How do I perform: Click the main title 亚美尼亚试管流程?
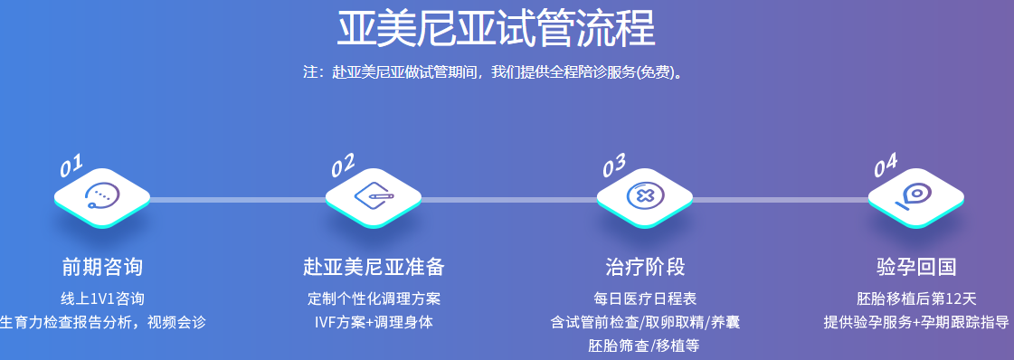(496, 30)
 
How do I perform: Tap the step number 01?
(71, 166)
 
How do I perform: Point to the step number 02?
(343, 166)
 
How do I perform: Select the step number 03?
(614, 166)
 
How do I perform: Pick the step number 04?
(886, 166)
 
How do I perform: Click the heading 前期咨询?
(102, 267)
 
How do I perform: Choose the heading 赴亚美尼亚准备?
(374, 267)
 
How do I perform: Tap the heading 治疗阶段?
(645, 267)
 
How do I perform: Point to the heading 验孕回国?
(916, 267)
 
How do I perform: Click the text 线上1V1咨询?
(102, 298)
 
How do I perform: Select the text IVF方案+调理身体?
(374, 322)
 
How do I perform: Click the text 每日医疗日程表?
(645, 298)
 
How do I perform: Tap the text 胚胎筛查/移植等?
(645, 346)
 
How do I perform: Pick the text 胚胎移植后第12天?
(916, 298)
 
